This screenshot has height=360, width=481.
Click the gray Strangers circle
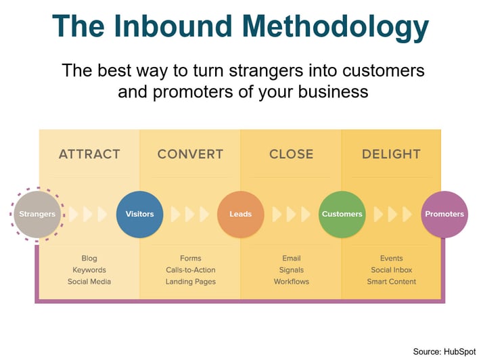(37, 215)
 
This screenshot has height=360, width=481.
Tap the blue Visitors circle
(139, 215)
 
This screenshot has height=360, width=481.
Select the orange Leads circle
(241, 215)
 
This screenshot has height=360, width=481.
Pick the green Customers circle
(342, 215)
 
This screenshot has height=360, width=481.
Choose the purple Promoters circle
(444, 215)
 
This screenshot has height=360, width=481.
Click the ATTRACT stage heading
(89, 154)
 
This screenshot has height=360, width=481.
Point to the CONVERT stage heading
(190, 154)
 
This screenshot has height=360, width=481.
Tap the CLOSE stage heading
(292, 154)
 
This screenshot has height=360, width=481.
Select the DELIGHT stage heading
(392, 154)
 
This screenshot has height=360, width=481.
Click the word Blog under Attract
(89, 258)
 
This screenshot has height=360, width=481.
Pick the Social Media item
(89, 282)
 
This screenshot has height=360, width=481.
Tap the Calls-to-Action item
(191, 270)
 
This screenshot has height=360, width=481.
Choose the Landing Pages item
(191, 282)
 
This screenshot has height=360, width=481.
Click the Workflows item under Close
(292, 282)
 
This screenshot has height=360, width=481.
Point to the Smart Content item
(392, 282)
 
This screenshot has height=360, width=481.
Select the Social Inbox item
(392, 270)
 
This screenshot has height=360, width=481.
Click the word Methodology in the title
(336, 27)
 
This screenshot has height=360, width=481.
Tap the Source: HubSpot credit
(444, 352)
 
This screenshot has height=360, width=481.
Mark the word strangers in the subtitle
(266, 71)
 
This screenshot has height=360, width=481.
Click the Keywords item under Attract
(89, 270)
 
